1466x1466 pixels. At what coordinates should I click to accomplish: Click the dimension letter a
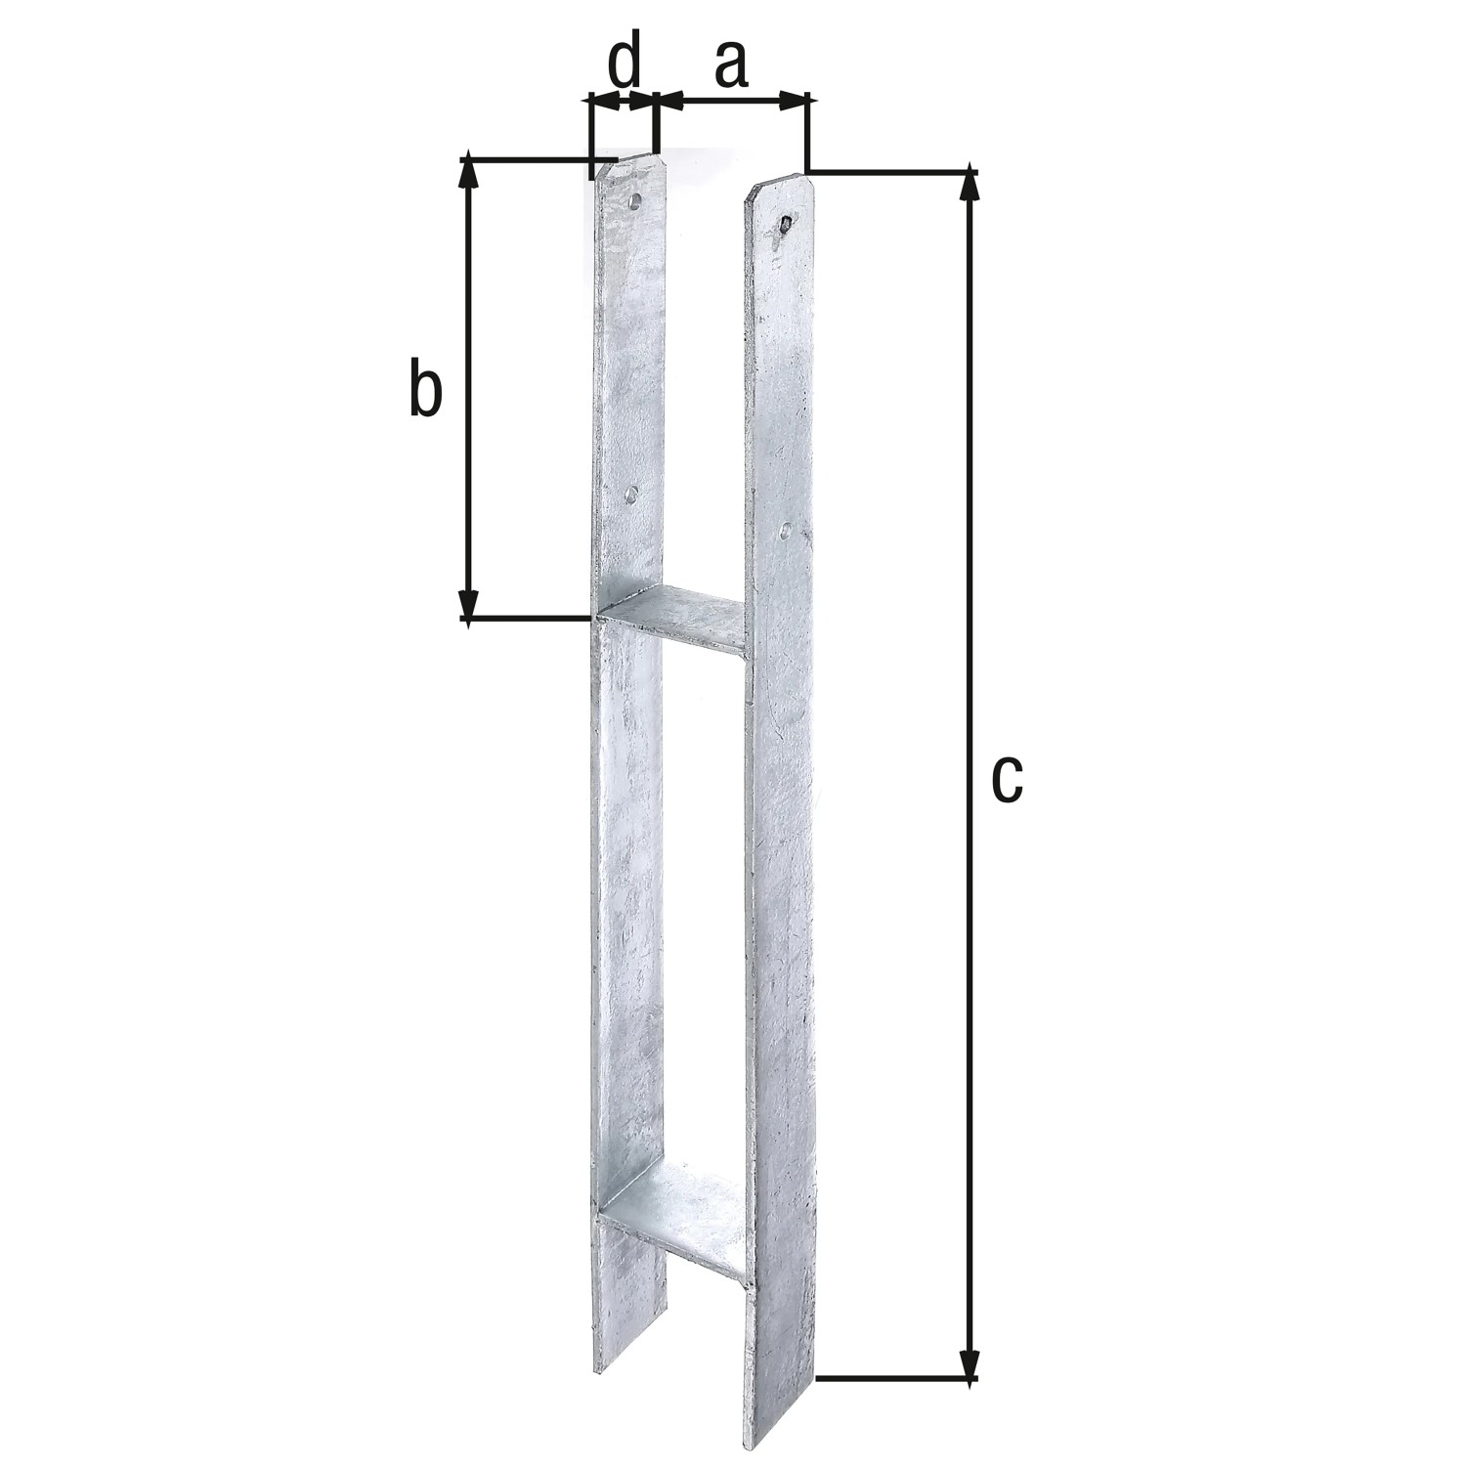pyautogui.click(x=730, y=65)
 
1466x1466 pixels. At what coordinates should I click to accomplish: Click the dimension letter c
pyautogui.click(x=1006, y=779)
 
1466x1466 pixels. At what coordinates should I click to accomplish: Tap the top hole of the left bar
pyautogui.click(x=635, y=202)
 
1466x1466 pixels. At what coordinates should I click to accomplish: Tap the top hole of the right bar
pyautogui.click(x=786, y=226)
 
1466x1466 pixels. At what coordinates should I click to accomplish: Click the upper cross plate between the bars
pyautogui.click(x=674, y=616)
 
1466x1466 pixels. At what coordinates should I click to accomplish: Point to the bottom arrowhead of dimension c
pyautogui.click(x=969, y=1364)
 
